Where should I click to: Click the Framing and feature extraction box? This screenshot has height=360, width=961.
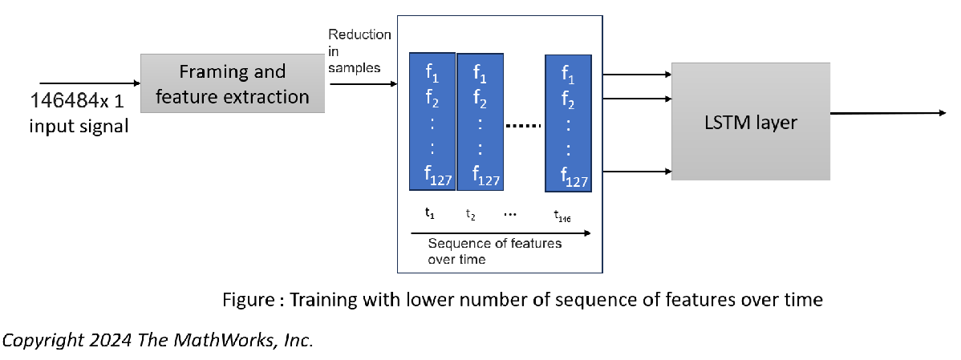pyautogui.click(x=233, y=84)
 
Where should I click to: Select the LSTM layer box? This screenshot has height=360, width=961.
pyautogui.click(x=751, y=121)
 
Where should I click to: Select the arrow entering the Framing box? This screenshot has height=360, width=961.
pyautogui.click(x=89, y=83)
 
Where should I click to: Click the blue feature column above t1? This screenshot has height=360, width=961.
pyautogui.click(x=432, y=121)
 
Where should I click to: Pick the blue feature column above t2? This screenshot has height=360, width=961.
pyautogui.click(x=480, y=123)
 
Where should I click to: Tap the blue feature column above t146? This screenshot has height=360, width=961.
pyautogui.click(x=569, y=123)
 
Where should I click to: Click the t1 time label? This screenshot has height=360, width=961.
pyautogui.click(x=430, y=213)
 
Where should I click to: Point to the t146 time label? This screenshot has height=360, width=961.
pyautogui.click(x=562, y=215)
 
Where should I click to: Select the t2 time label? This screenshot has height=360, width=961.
pyautogui.click(x=472, y=214)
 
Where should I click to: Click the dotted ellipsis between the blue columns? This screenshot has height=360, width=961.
pyautogui.click(x=524, y=125)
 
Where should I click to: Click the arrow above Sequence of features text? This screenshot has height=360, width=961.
pyautogui.click(x=501, y=233)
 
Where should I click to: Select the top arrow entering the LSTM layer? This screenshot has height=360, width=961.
pyautogui.click(x=637, y=75)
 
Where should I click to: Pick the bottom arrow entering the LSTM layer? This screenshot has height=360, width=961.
pyautogui.click(x=637, y=171)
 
